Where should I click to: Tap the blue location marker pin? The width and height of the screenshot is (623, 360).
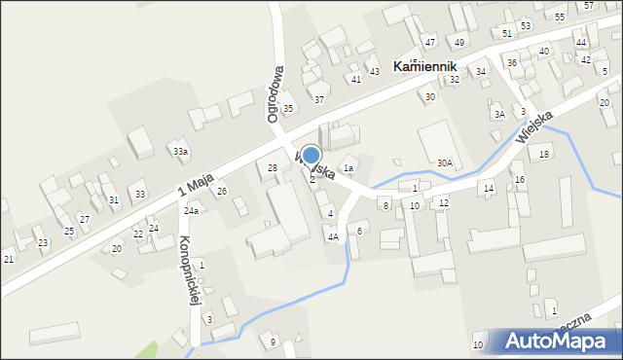tap(311, 156)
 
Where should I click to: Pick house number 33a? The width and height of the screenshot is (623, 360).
tap(180, 152)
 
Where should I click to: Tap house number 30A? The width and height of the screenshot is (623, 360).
tap(445, 163)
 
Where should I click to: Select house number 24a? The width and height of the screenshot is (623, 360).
tap(192, 210)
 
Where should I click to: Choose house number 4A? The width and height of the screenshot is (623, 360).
tap(333, 236)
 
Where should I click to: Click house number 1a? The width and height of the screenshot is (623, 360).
tap(347, 168)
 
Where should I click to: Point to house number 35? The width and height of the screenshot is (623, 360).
tap(288, 108)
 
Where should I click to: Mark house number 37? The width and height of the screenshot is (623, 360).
tap(318, 99)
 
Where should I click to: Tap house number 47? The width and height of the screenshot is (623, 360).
tap(430, 43)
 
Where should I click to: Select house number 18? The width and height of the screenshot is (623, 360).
tap(544, 154)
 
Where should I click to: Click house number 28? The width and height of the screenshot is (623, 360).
tap(273, 168)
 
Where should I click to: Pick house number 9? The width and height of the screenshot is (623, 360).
tap(273, 341)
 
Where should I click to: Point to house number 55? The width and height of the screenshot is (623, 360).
tap(560, 18)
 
